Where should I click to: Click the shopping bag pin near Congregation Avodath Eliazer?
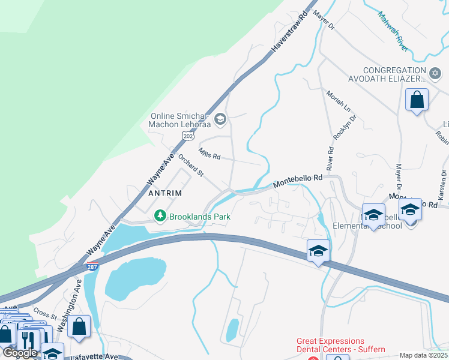point(417,100)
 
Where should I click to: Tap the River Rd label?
point(330,157)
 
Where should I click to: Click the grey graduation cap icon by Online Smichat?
point(220,119)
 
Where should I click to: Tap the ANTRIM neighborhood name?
point(164,194)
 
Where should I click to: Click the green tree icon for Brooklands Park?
point(160,216)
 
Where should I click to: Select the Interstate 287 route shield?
point(92,266)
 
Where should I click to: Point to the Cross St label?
point(44,313)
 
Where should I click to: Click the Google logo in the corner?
point(20,353)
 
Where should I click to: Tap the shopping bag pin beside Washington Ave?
point(79,327)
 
